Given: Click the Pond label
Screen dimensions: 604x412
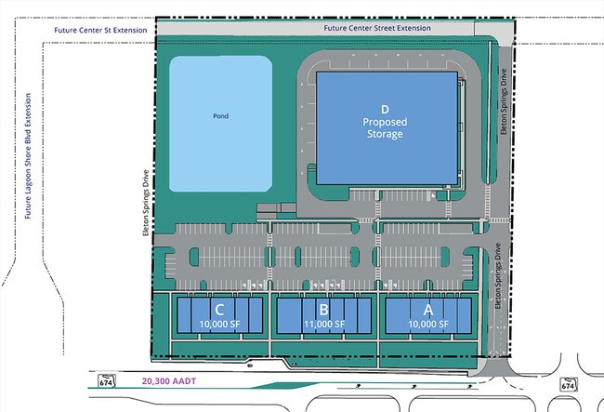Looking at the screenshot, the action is (x=221, y=116).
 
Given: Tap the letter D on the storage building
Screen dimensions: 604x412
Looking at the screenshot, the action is (x=385, y=110).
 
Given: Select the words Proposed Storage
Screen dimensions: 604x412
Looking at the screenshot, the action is (x=385, y=128).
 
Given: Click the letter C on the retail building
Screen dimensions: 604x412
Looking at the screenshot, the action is (x=219, y=310).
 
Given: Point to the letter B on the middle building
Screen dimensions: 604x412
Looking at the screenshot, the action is (x=323, y=310).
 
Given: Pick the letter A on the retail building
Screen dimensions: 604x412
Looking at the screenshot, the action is (x=428, y=310).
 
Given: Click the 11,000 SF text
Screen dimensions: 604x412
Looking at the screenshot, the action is (x=324, y=325).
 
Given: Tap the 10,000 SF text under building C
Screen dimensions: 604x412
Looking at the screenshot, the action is (x=219, y=325).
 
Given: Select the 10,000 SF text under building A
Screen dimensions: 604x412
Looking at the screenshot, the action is (x=428, y=325).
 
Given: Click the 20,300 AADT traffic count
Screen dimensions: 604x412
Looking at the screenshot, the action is (x=169, y=381).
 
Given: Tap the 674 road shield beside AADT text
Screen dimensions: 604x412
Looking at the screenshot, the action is (x=106, y=380).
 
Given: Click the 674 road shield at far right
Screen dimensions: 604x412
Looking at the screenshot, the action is (x=568, y=384).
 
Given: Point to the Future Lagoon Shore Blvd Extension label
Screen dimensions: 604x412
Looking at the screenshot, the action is (x=28, y=156).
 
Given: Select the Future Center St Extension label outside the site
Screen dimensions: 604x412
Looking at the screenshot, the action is (x=100, y=30).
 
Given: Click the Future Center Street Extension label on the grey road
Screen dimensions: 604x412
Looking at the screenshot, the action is (x=377, y=28).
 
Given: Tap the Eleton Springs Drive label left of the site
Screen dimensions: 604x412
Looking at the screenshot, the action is (x=146, y=203).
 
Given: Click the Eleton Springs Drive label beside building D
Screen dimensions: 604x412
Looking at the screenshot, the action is (x=504, y=101).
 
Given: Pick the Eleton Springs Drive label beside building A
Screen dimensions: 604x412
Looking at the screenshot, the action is (x=498, y=276).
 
